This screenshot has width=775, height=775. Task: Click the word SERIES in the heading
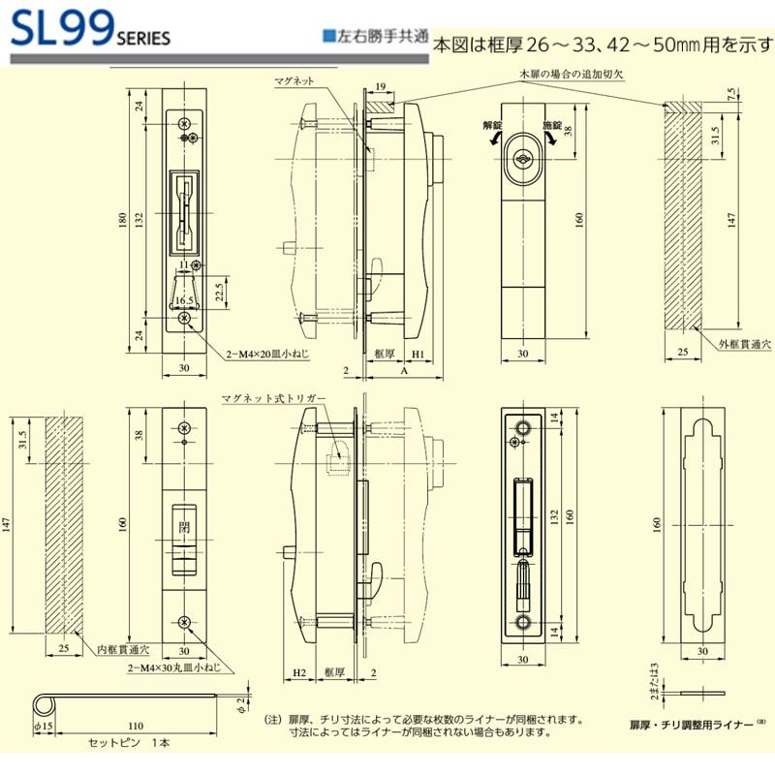click(143, 40)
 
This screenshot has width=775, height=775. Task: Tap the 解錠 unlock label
click(492, 126)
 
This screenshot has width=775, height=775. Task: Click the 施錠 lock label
click(551, 126)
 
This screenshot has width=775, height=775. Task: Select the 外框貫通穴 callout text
click(740, 343)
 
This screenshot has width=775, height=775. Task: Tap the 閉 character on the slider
click(183, 527)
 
